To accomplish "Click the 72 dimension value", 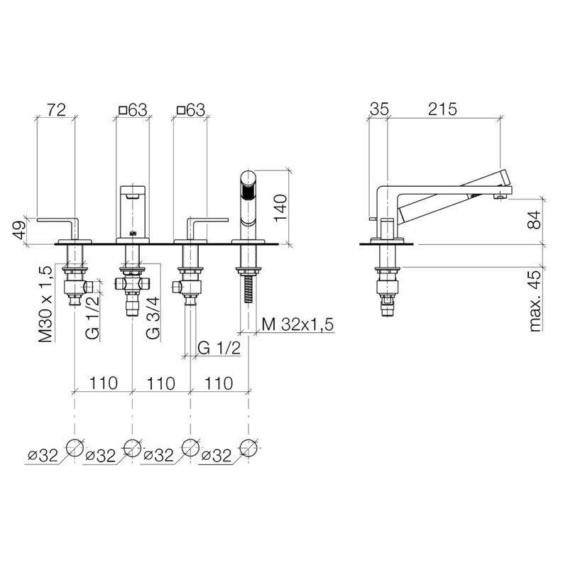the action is (56, 109).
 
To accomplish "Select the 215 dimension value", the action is (442, 109).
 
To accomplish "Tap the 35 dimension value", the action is (379, 109).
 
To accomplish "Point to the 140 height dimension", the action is (280, 208).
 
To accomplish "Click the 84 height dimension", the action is (535, 220).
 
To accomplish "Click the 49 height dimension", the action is (19, 230).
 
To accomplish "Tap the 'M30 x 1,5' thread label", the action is (46, 303).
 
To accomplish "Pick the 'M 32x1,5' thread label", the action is (297, 324).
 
